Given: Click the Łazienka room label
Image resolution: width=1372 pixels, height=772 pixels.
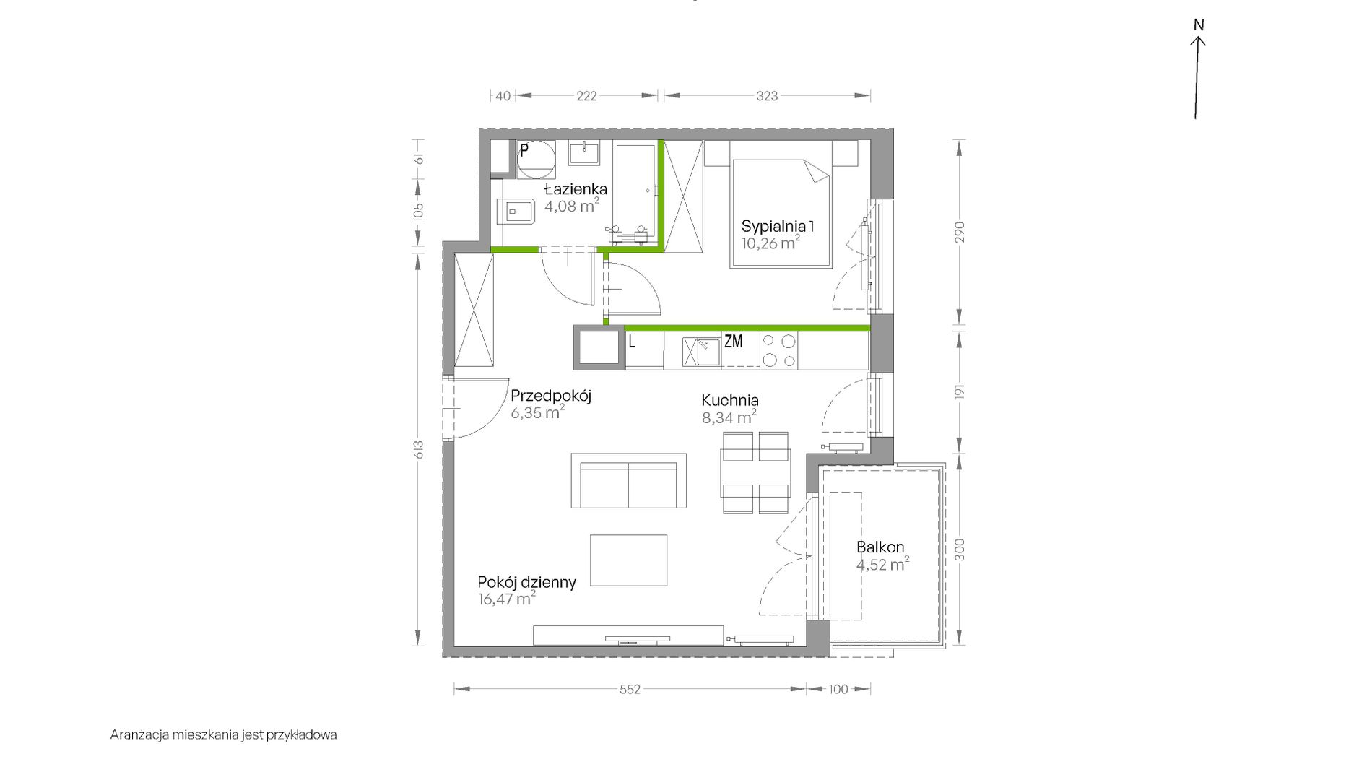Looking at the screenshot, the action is point(576,189).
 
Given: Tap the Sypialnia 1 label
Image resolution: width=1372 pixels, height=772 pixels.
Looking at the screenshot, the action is point(778,227).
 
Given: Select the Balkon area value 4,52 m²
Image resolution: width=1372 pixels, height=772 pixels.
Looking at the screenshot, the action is point(882,565).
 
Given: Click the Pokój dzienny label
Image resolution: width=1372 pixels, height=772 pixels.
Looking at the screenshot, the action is point(526,582).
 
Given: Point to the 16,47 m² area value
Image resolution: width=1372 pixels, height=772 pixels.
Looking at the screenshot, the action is point(506,599).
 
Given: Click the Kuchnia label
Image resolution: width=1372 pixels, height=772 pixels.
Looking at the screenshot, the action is point(730,400).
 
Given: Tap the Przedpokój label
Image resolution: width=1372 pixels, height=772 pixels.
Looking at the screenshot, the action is point(551,396).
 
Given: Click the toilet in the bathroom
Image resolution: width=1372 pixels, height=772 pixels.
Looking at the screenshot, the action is point(516,212).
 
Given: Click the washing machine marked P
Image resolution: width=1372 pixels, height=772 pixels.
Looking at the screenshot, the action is point(536,160).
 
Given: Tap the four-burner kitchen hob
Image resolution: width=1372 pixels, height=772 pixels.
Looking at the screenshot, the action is point(778,351).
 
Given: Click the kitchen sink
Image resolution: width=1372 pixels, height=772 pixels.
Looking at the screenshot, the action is point(701,352).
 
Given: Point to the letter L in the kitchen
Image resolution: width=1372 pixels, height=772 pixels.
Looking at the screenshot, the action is point(632,342).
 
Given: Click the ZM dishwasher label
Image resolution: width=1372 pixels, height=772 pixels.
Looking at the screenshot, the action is point(733,342).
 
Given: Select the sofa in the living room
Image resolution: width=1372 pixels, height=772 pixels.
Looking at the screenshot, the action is point(628,481).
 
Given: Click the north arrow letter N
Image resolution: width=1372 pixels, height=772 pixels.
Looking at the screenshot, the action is point(1199,25).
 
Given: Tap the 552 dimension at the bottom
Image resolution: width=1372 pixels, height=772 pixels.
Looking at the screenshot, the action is point(630,690).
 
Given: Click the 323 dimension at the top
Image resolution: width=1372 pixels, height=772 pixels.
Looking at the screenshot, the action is point(767,96).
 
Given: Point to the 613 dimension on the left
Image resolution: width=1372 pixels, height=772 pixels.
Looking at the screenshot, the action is point(419,449).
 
